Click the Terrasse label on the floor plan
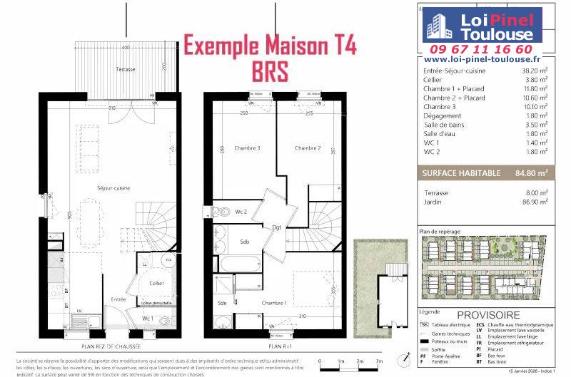(126, 69)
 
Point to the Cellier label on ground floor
(156, 283)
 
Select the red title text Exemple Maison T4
(271, 46)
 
